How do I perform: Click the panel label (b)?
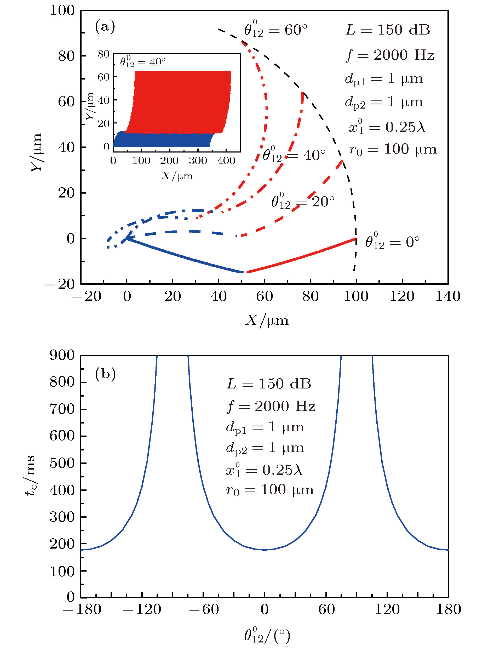coord(105,374)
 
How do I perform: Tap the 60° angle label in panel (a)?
coord(275,30)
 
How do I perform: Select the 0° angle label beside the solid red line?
coord(392,242)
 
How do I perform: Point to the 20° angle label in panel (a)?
coord(303,202)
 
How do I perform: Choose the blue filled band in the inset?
coord(162,140)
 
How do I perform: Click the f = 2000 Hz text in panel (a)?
coord(390,55)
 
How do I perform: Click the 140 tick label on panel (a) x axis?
coord(447,296)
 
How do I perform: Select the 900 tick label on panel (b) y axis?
coord(62,355)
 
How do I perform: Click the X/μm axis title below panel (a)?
coord(267,320)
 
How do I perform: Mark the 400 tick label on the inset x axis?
coord(226,160)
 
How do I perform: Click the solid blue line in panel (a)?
coord(185,256)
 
